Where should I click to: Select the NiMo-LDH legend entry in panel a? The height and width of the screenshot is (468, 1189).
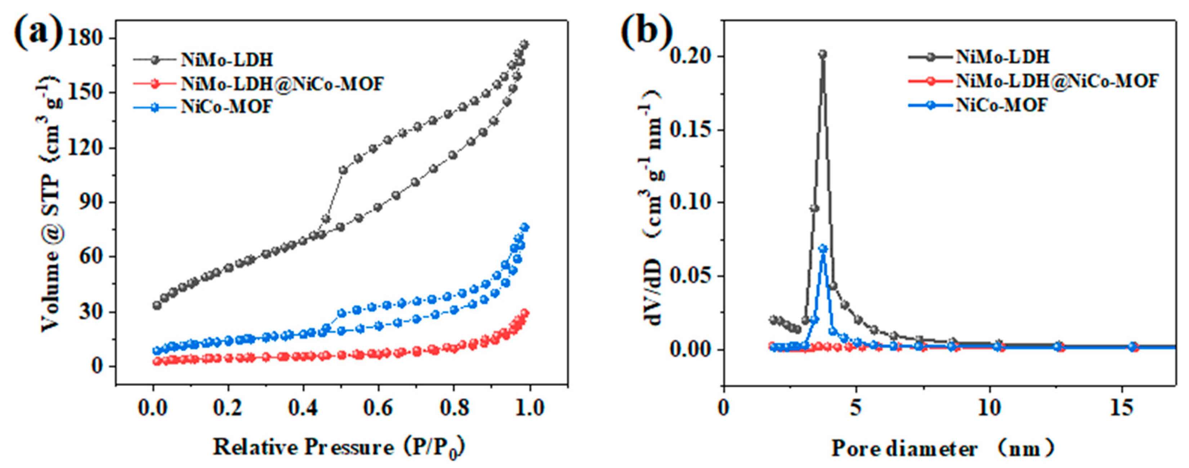pyautogui.click(x=227, y=59)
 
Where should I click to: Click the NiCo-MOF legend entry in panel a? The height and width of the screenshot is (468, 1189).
pyautogui.click(x=227, y=107)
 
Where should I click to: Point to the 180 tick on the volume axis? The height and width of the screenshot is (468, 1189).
pyautogui.click(x=86, y=38)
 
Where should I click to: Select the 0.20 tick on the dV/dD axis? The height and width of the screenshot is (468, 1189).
pyautogui.click(x=690, y=56)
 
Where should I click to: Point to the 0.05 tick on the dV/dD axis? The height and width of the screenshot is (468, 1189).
pyautogui.click(x=690, y=276)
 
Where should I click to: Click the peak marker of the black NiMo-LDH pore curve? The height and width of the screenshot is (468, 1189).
pyautogui.click(x=822, y=54)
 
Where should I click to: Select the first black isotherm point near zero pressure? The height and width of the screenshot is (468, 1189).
pyautogui.click(x=157, y=306)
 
